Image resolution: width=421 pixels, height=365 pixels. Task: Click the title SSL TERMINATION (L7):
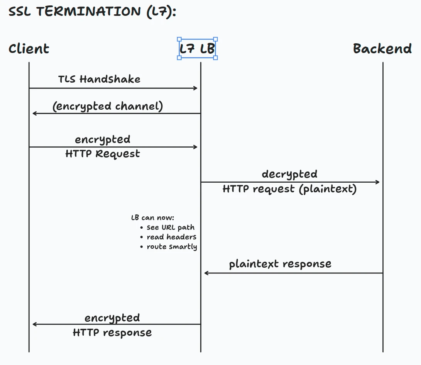[x=92, y=12]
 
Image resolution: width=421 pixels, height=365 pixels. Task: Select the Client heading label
[x=29, y=49]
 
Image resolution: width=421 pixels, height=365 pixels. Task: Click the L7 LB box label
[x=197, y=49]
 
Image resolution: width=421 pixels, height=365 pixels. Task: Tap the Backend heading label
[x=382, y=49]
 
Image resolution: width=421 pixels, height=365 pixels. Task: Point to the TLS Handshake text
[x=99, y=80]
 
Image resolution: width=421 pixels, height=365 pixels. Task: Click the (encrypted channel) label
[x=108, y=106]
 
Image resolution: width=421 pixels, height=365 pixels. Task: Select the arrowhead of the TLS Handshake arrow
[x=196, y=88]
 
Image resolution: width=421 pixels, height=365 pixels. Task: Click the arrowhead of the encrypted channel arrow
[x=34, y=113]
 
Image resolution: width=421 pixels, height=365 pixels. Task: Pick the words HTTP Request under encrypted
[x=103, y=154]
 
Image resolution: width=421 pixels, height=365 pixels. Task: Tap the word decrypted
[x=289, y=174]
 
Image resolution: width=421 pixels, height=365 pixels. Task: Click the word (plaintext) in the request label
[x=328, y=189]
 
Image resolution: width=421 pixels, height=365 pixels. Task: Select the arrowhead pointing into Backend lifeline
[x=377, y=182]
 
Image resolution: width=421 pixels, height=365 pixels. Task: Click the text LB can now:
[x=152, y=218]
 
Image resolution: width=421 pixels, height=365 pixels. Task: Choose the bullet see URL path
[x=171, y=227]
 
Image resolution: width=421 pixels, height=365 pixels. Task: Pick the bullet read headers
[x=171, y=237]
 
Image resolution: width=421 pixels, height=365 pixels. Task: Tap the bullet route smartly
[x=172, y=247]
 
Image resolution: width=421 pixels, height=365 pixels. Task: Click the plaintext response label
[x=280, y=264]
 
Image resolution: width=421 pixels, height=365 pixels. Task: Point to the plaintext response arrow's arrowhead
[x=206, y=273]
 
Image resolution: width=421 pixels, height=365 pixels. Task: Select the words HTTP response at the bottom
[x=112, y=333]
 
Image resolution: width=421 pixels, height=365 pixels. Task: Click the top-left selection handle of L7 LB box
[x=179, y=39]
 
